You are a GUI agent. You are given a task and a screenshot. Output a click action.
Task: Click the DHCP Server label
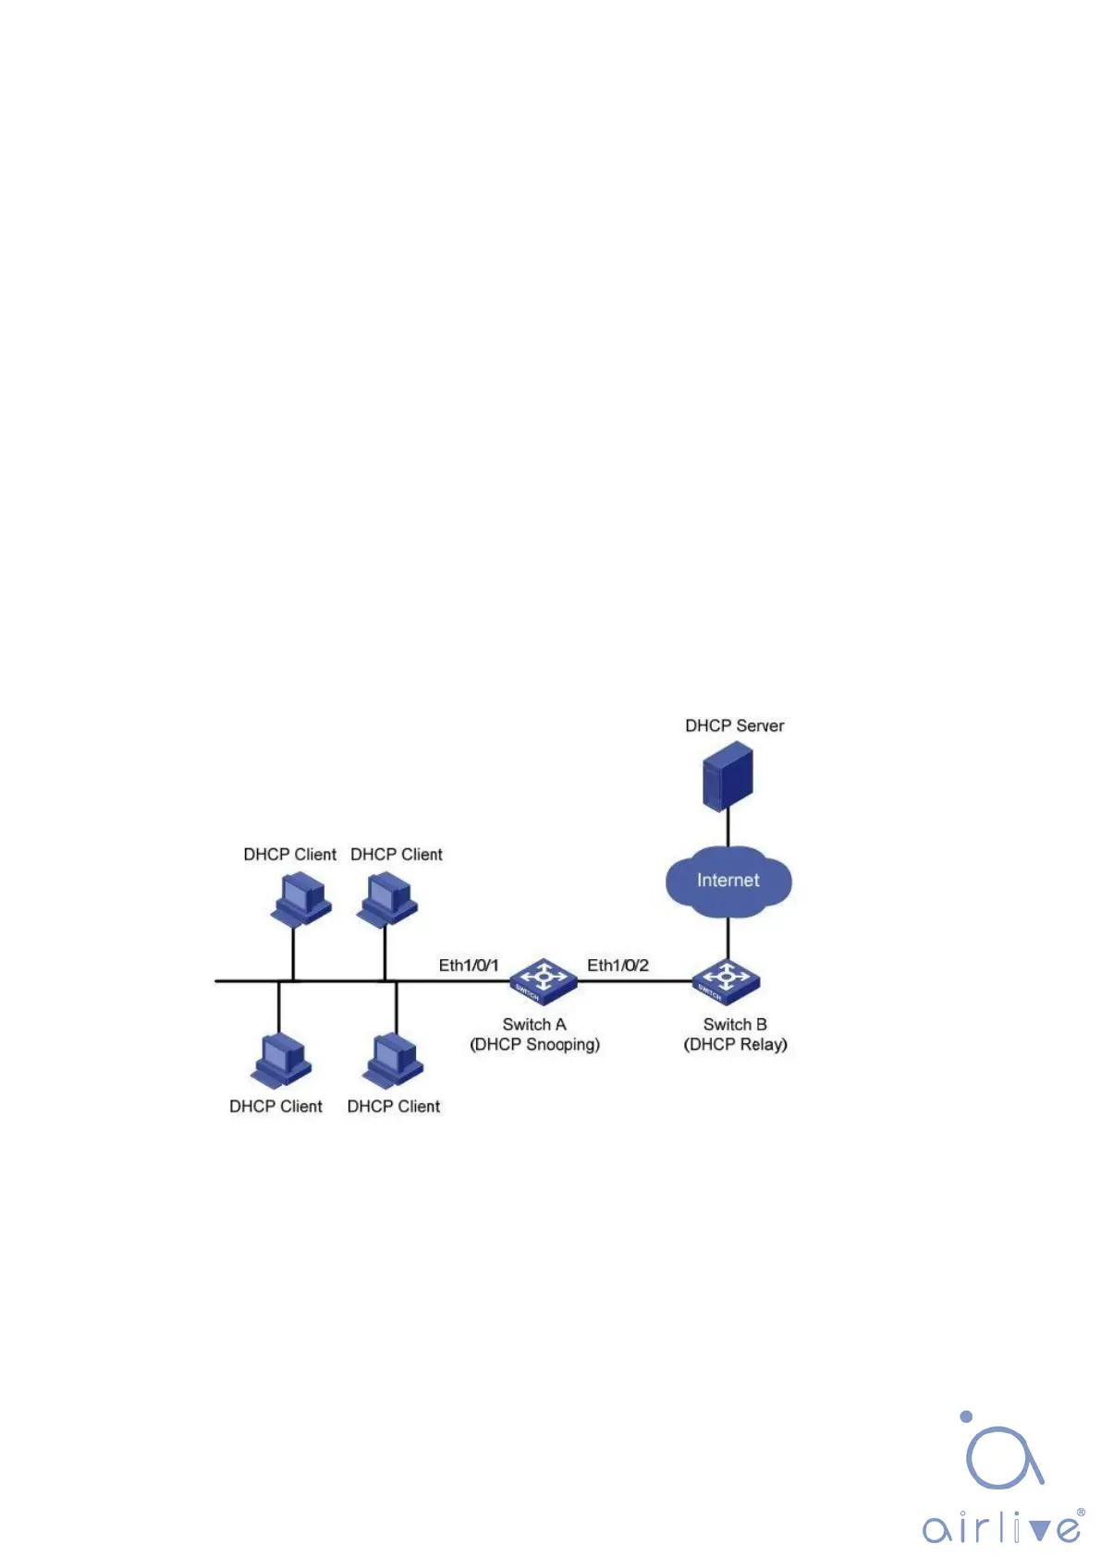[x=734, y=726]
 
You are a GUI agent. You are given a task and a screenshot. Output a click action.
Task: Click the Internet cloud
[x=728, y=881]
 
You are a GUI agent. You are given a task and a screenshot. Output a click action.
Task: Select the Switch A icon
[x=544, y=981]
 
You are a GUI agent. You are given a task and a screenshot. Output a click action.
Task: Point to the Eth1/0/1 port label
[x=468, y=966]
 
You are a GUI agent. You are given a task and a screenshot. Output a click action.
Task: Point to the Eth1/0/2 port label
[x=618, y=966]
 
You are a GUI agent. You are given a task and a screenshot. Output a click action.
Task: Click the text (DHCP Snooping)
[x=535, y=1045]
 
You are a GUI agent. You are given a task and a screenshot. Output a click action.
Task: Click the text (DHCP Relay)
[x=735, y=1045]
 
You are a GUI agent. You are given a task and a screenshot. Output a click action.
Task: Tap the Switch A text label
[x=534, y=1025]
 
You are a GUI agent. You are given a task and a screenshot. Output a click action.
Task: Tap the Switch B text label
[x=735, y=1025]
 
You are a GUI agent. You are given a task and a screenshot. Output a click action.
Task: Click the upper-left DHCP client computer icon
[x=300, y=898]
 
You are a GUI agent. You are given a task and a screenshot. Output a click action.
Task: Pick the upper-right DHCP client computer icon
[x=387, y=898]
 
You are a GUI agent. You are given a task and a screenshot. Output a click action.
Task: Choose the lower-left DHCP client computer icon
[x=281, y=1061]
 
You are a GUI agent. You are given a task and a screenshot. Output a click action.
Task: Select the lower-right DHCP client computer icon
[x=393, y=1061]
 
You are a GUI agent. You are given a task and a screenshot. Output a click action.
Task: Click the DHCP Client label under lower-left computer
[x=275, y=1107]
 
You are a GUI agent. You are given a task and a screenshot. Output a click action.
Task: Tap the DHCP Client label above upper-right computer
[x=397, y=855]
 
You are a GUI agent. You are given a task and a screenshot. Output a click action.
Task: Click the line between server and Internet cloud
[x=728, y=829]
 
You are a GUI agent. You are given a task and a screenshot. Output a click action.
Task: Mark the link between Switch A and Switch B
[x=635, y=981]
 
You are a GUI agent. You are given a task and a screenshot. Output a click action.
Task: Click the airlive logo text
[x=1002, y=1526]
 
